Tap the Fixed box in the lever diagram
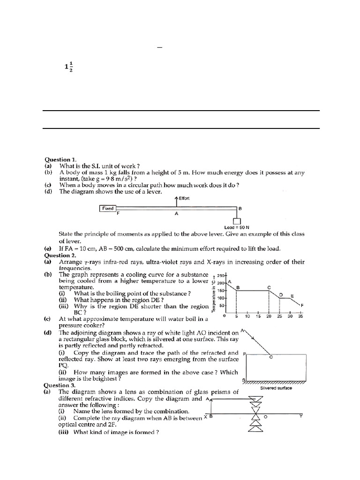point(108,208)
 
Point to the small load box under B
point(237,221)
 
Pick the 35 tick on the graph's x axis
point(301,316)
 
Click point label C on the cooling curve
point(269,287)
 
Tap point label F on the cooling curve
point(302,306)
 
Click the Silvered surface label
point(276,388)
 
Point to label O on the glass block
point(270,357)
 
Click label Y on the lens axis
point(301,416)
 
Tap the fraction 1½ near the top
point(68,67)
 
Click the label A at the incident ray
point(242,330)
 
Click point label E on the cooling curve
point(292,296)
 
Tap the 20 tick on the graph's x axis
point(269,316)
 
